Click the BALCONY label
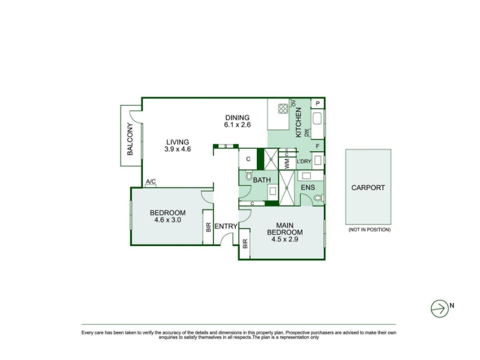coord(130,139)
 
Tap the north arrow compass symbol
coord(440,308)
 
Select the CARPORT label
coord(368,188)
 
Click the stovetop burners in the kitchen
coord(283,109)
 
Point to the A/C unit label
coord(151,182)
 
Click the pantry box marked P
coord(317,103)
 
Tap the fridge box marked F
coord(317,146)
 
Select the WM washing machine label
coord(287,163)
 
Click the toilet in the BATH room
coord(249,176)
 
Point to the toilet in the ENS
coord(319,198)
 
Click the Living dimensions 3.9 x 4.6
coord(178,149)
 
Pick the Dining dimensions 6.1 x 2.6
coord(237,125)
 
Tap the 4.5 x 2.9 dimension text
coord(284,239)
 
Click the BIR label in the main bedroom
coord(245,244)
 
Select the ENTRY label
coord(226,226)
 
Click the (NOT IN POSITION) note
coord(370,230)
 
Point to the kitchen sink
coord(317,119)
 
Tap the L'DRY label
coord(304,161)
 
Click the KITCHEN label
coord(298,122)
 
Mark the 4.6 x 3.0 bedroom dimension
coord(168,220)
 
